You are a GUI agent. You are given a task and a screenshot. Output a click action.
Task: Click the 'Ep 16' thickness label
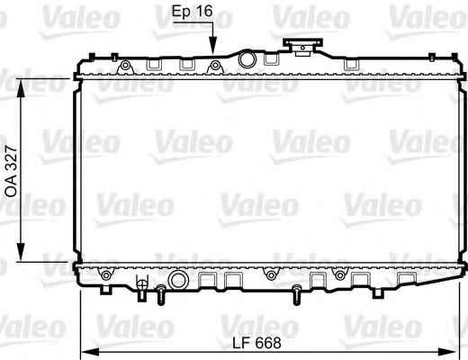tap(193, 12)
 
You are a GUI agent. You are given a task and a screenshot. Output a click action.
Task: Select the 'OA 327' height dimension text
tap(12, 171)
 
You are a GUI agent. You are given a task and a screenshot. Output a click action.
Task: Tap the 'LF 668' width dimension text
tap(257, 343)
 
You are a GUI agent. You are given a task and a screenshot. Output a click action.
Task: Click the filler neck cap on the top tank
tap(302, 47)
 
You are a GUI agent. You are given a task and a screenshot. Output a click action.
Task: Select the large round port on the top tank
tap(247, 59)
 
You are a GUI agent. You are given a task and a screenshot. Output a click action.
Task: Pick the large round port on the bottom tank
tap(177, 280)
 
